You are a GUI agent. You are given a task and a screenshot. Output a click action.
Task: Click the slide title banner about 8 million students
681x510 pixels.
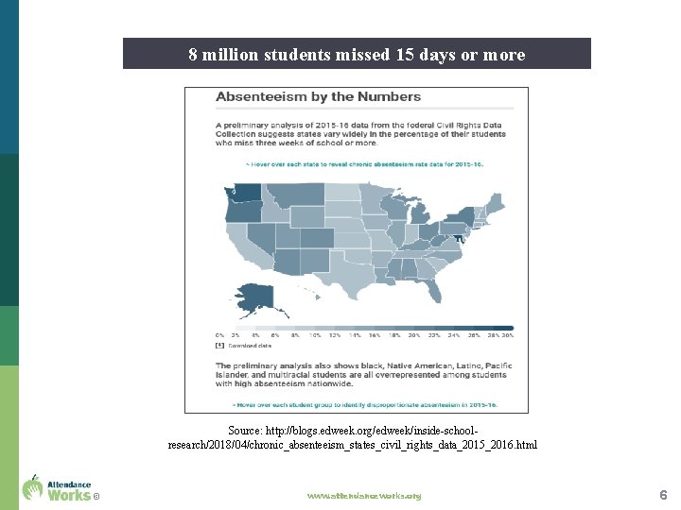point(357,54)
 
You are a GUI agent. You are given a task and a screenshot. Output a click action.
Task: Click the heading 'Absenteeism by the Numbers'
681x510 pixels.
point(319,97)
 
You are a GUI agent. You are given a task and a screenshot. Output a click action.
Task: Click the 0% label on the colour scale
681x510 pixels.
point(219,335)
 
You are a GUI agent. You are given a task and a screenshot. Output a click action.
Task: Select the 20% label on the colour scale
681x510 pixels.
point(414,335)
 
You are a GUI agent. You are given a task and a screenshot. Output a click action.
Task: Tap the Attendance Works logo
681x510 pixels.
point(58,487)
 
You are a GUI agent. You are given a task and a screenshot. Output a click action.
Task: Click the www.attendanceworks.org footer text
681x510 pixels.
point(364,496)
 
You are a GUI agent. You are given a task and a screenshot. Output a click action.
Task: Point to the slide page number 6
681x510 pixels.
point(663,495)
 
